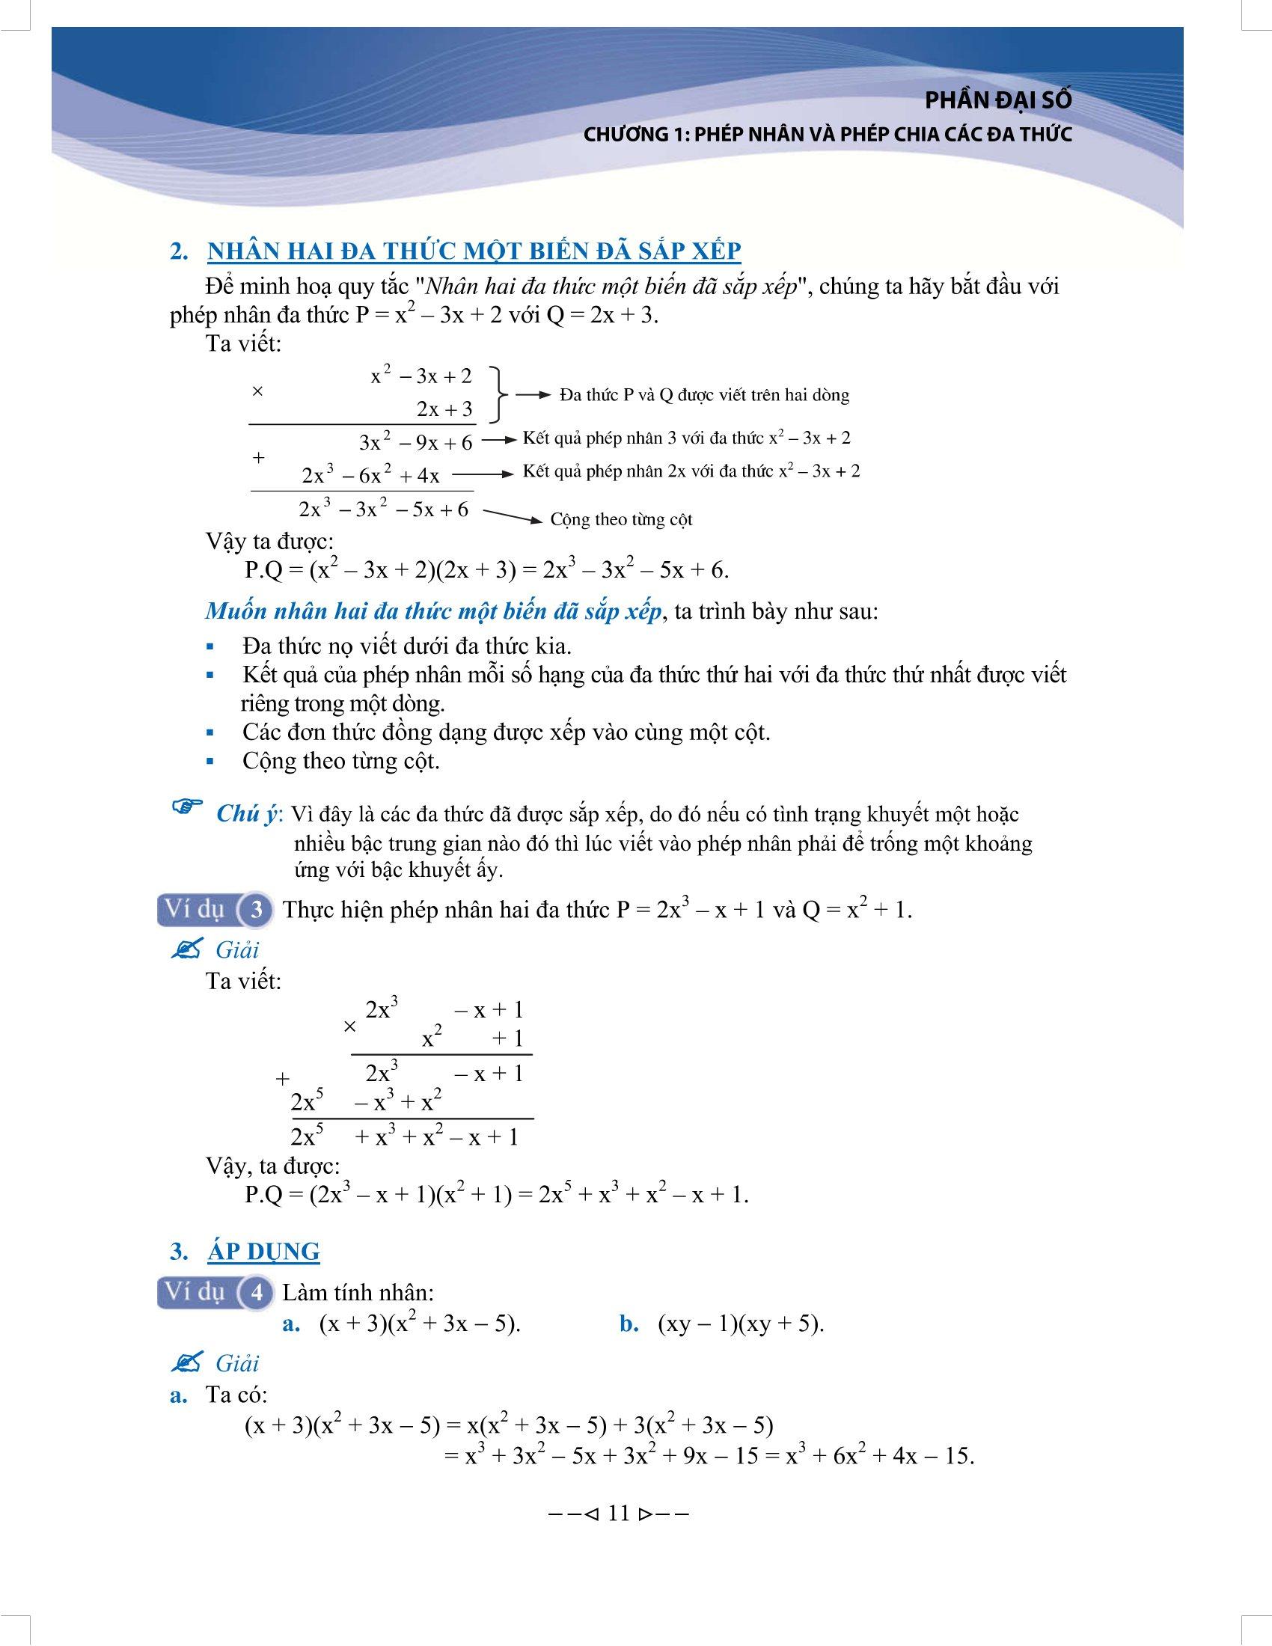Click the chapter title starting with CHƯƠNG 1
point(828,135)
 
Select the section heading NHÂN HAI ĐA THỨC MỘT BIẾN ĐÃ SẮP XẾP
point(474,251)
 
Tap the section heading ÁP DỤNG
point(263,1252)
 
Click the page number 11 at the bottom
point(617,1514)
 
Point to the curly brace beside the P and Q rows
point(498,394)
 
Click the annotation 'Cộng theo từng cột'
point(621,519)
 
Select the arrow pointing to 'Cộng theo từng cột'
point(512,516)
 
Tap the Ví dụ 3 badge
point(215,910)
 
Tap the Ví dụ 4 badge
point(215,1293)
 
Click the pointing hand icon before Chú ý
point(188,809)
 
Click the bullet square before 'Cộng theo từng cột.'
point(210,762)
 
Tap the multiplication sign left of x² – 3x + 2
point(257,392)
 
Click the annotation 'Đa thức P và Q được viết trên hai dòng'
point(705,395)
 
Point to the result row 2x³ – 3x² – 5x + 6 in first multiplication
point(384,510)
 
